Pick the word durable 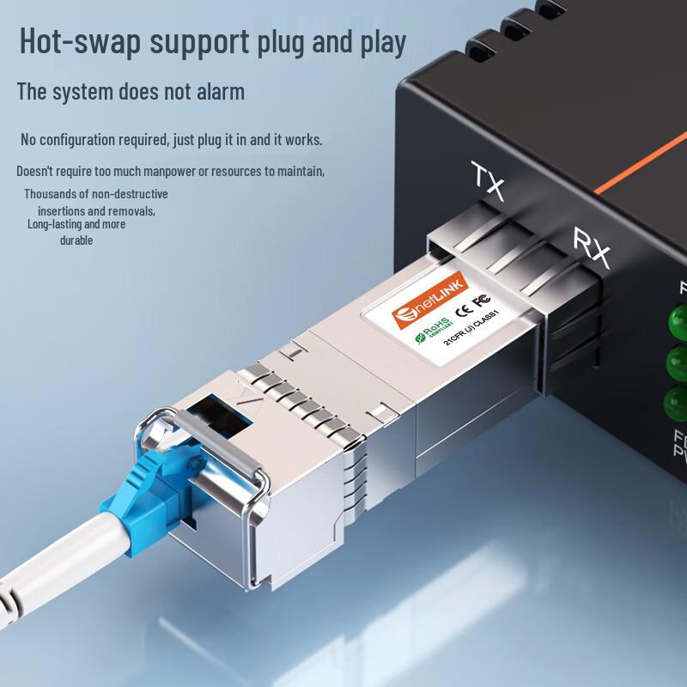coord(76,240)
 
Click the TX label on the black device coord(491,176)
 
